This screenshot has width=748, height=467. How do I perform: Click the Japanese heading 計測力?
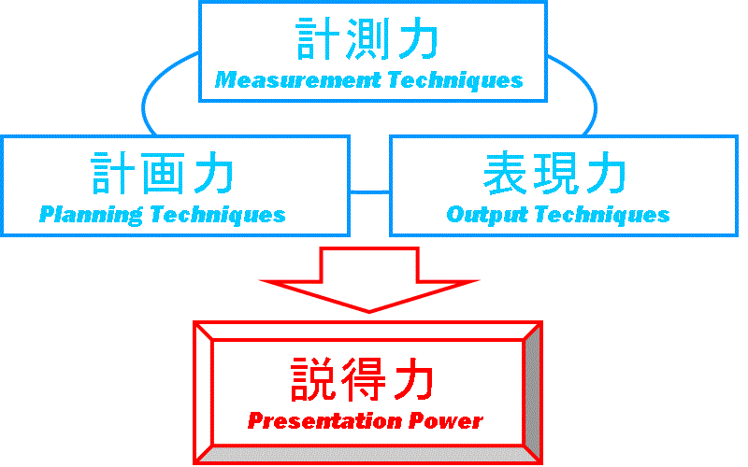click(367, 39)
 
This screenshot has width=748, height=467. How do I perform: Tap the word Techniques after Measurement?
click(455, 80)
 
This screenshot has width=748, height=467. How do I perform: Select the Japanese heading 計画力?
click(162, 173)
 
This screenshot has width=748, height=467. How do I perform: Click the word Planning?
click(91, 215)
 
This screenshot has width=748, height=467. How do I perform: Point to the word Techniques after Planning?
click(218, 215)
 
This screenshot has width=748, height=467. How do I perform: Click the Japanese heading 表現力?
click(554, 173)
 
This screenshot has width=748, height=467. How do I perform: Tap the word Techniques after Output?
click(602, 215)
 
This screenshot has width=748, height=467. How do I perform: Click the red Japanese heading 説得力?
click(363, 379)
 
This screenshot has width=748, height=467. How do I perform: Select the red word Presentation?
click(324, 421)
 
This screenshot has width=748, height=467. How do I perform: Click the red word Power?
click(446, 421)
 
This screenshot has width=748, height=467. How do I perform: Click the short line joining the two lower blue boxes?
click(369, 192)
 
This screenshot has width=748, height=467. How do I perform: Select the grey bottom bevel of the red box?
click(368, 454)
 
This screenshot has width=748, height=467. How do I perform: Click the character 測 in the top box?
click(367, 39)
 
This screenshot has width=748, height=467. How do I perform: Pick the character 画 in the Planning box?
click(162, 173)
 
